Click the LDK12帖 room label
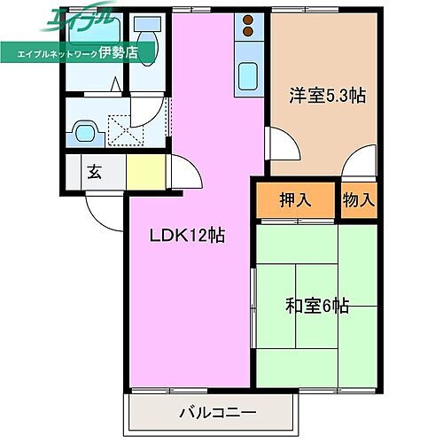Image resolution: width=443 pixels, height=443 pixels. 187,237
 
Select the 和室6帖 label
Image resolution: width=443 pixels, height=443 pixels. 317,306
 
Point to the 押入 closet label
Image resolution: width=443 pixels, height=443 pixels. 296,199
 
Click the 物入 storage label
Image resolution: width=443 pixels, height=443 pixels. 359,199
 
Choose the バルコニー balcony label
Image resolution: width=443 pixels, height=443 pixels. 213,412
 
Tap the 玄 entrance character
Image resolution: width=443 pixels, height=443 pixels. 94,172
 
